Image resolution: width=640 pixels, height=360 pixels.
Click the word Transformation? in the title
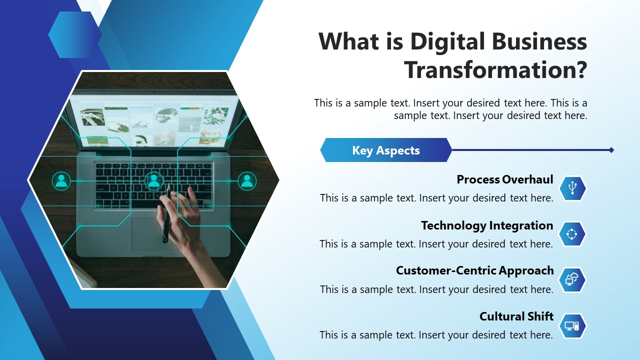pyautogui.click(x=495, y=70)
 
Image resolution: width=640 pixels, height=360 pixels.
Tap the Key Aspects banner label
pyautogui.click(x=385, y=150)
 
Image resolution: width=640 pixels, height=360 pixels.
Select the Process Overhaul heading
pyautogui.click(x=504, y=179)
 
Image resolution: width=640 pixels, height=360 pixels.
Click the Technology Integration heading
pyautogui.click(x=486, y=225)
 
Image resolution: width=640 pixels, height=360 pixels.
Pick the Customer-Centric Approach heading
pyautogui.click(x=474, y=270)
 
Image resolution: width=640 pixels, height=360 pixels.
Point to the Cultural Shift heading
pyautogui.click(x=516, y=316)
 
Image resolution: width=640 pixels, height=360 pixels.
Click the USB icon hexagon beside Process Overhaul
pyautogui.click(x=572, y=188)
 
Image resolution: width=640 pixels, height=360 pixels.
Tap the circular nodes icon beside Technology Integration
pyautogui.click(x=572, y=234)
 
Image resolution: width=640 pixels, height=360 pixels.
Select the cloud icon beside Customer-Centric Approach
pyautogui.click(x=572, y=279)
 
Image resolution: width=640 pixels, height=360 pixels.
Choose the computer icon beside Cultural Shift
pyautogui.click(x=572, y=326)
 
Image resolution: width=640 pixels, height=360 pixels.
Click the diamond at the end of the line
pyautogui.click(x=611, y=150)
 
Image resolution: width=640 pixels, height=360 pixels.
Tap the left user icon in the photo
pyautogui.click(x=61, y=181)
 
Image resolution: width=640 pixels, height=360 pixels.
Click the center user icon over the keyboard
pyautogui.click(x=153, y=181)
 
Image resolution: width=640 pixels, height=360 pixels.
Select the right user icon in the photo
pyautogui.click(x=246, y=181)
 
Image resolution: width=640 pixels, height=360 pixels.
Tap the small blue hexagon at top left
pyautogui.click(x=74, y=34)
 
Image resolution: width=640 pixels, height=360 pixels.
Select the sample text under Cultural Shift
pyautogui.click(x=436, y=335)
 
